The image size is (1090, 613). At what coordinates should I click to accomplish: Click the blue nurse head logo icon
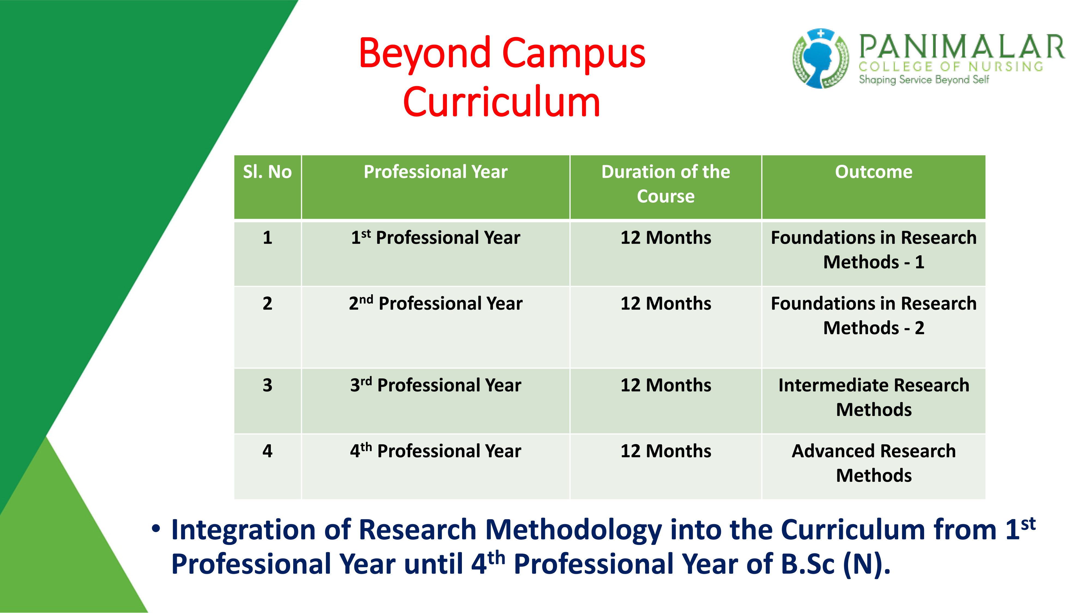pyautogui.click(x=820, y=58)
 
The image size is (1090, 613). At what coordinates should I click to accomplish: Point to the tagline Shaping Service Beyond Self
pyautogui.click(x=924, y=80)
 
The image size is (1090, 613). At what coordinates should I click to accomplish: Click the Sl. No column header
pyautogui.click(x=267, y=172)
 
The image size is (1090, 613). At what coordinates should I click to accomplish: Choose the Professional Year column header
pyautogui.click(x=435, y=172)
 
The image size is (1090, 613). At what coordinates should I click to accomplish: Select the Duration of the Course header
pyautogui.click(x=666, y=184)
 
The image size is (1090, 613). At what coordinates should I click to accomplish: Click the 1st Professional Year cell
pyautogui.click(x=435, y=237)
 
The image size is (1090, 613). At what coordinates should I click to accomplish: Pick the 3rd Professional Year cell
pyautogui.click(x=435, y=385)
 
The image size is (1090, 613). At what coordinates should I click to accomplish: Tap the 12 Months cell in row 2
pyautogui.click(x=666, y=303)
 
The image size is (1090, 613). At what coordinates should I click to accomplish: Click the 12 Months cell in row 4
pyautogui.click(x=666, y=451)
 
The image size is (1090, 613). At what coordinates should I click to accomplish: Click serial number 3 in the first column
pyautogui.click(x=267, y=385)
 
